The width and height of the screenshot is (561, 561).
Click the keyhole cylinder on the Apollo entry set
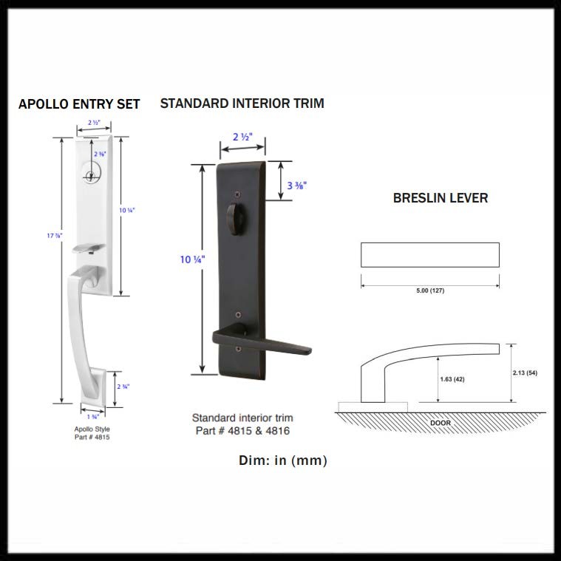(x=91, y=176)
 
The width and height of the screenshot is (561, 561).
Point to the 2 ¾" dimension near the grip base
(x=123, y=387)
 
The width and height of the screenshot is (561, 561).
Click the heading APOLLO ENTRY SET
(x=79, y=104)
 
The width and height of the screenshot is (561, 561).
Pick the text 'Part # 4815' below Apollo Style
(x=92, y=437)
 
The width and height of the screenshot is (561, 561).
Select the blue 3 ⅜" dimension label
(x=296, y=186)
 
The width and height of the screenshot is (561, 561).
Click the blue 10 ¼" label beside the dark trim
(x=192, y=259)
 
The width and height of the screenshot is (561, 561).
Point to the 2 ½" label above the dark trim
(x=242, y=137)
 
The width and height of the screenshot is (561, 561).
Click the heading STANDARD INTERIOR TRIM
(x=242, y=103)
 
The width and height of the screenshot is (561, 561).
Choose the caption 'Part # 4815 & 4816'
(x=242, y=431)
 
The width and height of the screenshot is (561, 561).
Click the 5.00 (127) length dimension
(x=429, y=290)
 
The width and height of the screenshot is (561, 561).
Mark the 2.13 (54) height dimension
(x=524, y=373)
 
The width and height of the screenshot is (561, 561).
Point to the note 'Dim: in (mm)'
(x=283, y=460)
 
